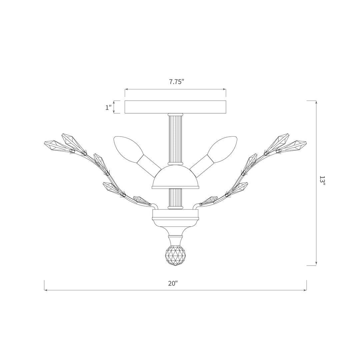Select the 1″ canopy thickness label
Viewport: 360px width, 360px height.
point(108,107)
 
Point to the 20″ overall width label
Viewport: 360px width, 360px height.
point(173,283)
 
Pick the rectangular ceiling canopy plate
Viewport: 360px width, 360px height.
point(175,107)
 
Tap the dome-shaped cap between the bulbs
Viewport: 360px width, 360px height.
point(175,177)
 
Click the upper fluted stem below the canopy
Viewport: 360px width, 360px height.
point(175,139)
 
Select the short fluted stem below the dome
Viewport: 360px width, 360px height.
point(175,198)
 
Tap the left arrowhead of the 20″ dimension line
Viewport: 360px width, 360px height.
point(46,290)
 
